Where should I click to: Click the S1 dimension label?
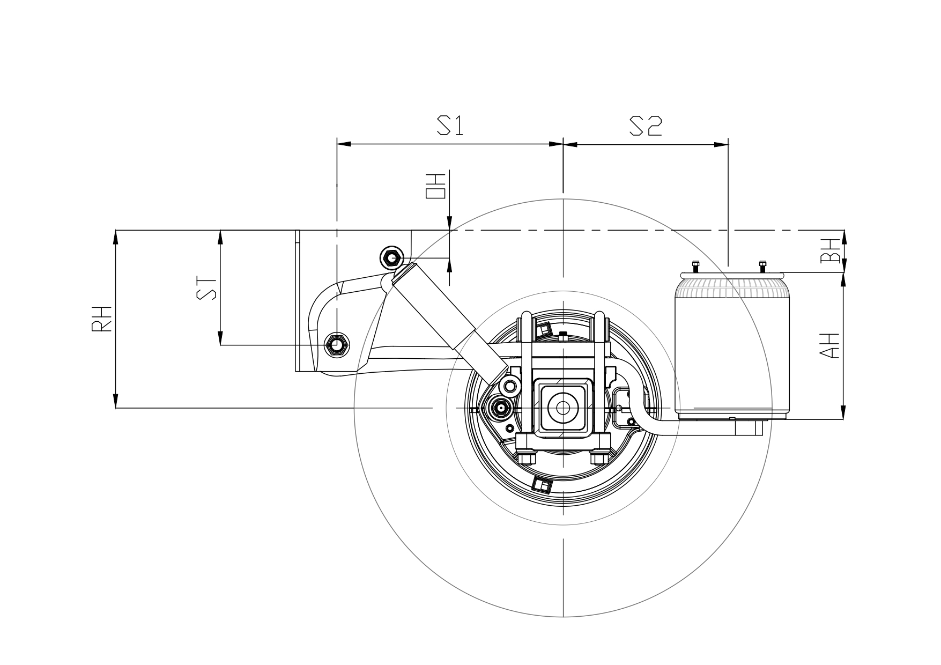click(x=450, y=126)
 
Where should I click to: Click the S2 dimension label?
click(x=646, y=126)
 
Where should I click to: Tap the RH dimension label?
click(x=102, y=319)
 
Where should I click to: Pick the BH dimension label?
click(x=830, y=250)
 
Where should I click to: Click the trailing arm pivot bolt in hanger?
click(x=337, y=345)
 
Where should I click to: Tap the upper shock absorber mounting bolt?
click(x=391, y=258)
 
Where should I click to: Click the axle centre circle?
click(x=563, y=408)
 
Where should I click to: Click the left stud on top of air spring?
click(x=695, y=266)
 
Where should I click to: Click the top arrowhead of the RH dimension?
click(x=115, y=235)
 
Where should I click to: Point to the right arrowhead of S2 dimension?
click(x=722, y=144)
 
